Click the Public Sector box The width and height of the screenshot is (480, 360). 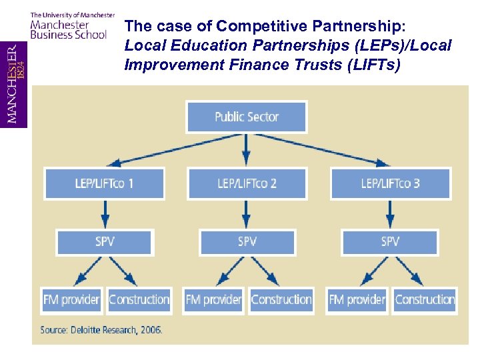(247, 117)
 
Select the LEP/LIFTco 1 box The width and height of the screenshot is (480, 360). (104, 183)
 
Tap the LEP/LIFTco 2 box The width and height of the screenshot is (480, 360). (247, 183)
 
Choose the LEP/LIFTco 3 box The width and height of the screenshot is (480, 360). (390, 183)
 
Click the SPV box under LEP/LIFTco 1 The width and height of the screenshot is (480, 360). (105, 242)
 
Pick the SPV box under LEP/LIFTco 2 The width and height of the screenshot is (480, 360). (247, 242)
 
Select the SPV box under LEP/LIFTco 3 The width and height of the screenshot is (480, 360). (390, 242)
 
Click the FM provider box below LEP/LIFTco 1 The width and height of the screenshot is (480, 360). (71, 300)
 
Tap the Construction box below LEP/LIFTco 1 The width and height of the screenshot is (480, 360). (139, 300)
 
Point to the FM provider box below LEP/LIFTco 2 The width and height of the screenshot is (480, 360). (214, 300)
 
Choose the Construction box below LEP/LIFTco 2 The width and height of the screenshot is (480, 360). (281, 300)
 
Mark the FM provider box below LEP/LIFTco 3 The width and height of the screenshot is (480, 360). (357, 300)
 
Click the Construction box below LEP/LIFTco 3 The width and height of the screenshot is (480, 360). (425, 300)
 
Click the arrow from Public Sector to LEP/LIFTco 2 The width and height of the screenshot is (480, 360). (247, 150)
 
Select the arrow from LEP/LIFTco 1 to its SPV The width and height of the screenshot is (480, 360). (105, 213)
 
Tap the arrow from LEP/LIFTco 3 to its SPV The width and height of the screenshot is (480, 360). (390, 213)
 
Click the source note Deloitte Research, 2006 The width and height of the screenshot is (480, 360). (101, 330)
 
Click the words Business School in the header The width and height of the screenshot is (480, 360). (68, 35)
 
